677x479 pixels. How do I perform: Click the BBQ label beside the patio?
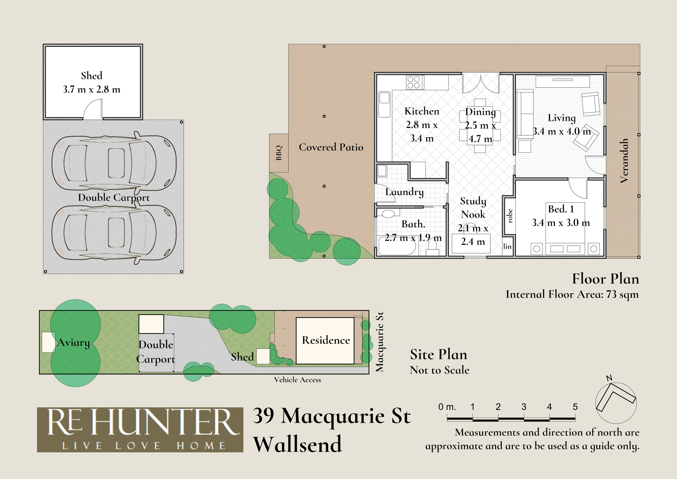point(279,153)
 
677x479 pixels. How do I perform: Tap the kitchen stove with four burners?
point(415,82)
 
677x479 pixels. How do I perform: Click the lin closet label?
point(507,246)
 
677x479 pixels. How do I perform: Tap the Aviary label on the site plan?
point(73,343)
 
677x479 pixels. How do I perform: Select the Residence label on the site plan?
point(326,340)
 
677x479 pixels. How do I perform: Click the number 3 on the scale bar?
point(524,407)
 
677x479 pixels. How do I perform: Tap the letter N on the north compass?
point(609,378)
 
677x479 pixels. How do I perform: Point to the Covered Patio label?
point(331,147)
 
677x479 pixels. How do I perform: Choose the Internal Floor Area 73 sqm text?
point(572,295)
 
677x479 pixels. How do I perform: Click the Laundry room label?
point(404,192)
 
